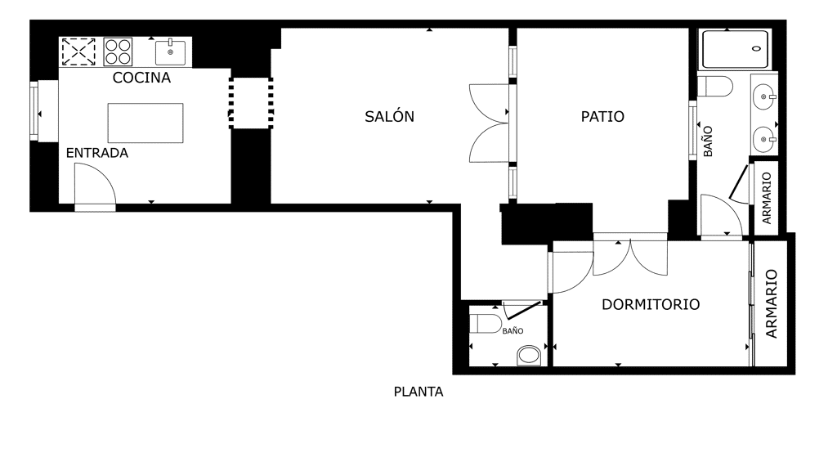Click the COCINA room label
[141, 78]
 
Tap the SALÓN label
[389, 116]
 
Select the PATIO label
[602, 116]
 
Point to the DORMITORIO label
[651, 304]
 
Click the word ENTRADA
[97, 153]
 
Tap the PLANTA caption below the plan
[418, 392]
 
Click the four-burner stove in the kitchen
[118, 52]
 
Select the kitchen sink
[170, 52]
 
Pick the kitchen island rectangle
[145, 123]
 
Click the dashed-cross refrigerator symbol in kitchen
[78, 52]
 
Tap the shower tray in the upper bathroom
[736, 49]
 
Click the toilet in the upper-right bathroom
[714, 86]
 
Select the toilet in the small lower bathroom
[486, 324]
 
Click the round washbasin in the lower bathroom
[530, 355]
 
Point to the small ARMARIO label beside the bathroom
[767, 198]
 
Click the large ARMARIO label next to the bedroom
[772, 304]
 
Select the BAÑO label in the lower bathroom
[512, 331]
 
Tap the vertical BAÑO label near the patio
[708, 141]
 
